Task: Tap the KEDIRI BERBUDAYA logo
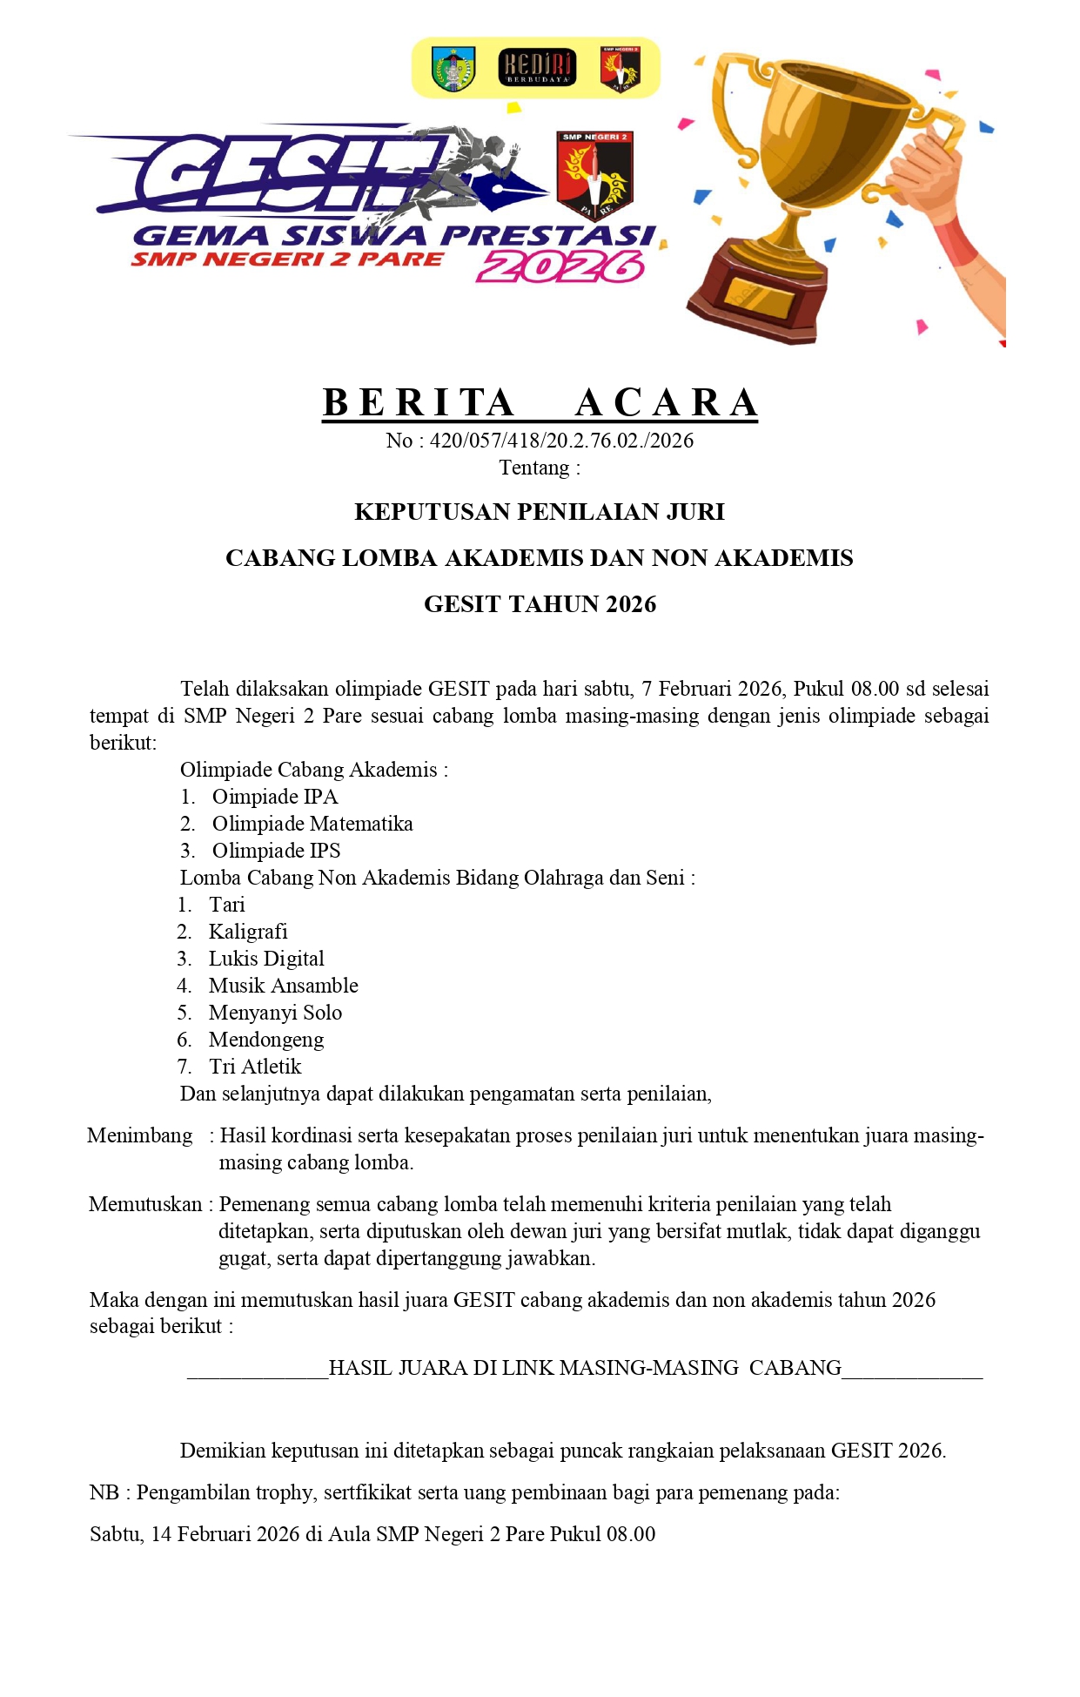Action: click(537, 68)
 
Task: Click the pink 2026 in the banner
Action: click(560, 267)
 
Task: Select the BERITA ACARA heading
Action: click(540, 403)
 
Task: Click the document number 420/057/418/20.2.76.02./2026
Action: click(561, 441)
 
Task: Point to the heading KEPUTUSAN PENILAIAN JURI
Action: click(540, 512)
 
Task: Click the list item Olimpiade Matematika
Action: click(312, 824)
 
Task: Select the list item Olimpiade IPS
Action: click(276, 851)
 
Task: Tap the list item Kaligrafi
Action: click(248, 932)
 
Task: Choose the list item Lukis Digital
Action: click(266, 959)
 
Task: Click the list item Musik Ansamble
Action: click(284, 986)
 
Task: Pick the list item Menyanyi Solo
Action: click(275, 1013)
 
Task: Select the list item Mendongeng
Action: click(266, 1040)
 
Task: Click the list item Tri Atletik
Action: click(255, 1067)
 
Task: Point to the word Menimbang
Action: click(140, 1135)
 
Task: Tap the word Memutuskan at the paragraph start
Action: click(145, 1204)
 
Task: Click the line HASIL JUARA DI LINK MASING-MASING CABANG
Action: click(585, 1368)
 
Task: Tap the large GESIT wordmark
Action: click(287, 174)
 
